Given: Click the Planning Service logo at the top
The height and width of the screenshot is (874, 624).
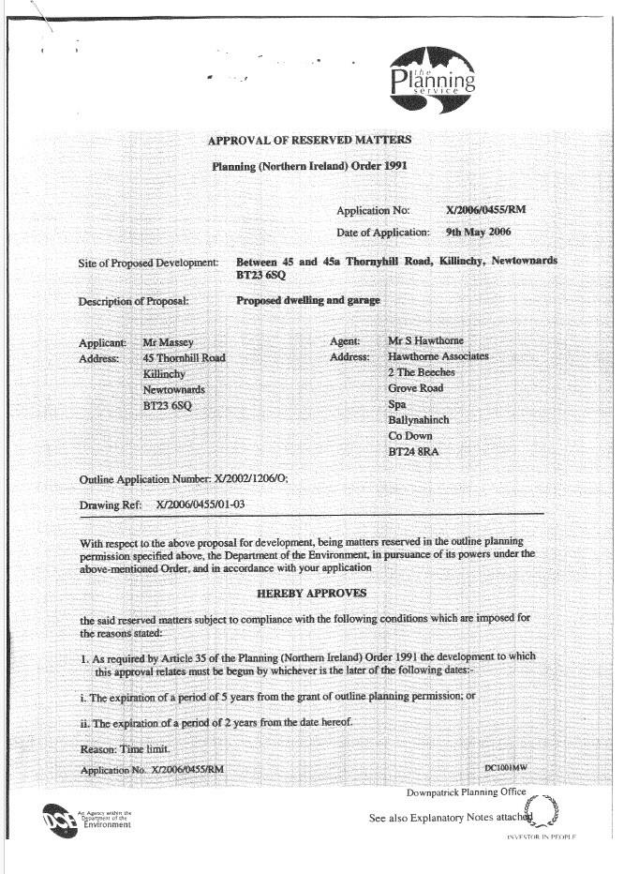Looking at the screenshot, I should tap(432, 79).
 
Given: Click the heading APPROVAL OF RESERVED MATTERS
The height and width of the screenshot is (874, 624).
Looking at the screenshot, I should tap(309, 140).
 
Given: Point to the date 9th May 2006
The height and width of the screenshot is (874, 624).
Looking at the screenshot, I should tap(479, 231).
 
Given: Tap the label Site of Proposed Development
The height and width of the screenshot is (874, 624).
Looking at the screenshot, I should tap(148, 264).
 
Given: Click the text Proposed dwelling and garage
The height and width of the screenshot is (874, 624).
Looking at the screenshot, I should tap(308, 301).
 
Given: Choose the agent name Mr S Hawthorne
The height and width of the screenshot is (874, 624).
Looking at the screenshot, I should tap(425, 341).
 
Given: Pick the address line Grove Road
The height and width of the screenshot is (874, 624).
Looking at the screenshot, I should tap(415, 388).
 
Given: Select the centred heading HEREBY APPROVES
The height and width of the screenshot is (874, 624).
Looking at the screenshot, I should tap(311, 594).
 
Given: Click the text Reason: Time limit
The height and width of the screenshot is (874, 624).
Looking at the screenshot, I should tap(125, 750).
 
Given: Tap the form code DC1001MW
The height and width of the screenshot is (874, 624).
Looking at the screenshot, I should tap(506, 768).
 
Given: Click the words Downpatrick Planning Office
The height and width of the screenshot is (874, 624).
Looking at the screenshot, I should tap(466, 792).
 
